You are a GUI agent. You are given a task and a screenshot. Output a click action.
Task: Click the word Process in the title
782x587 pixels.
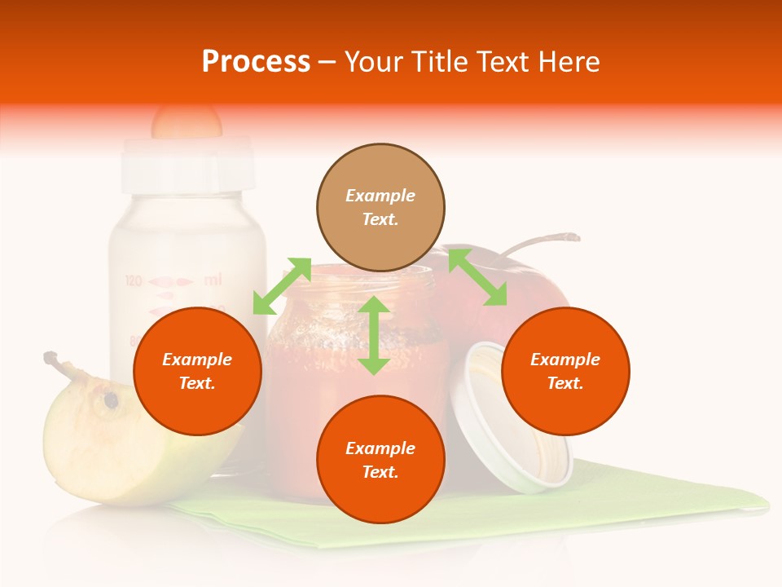tap(256, 62)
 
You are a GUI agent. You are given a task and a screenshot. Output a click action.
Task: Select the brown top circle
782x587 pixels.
tap(380, 207)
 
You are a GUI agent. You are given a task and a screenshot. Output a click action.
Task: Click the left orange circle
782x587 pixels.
tap(197, 371)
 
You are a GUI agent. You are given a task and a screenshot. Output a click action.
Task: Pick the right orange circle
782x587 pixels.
tap(565, 371)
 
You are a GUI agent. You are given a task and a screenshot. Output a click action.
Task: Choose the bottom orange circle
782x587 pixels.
tap(380, 459)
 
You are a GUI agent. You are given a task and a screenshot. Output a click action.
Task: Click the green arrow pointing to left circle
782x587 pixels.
tap(282, 285)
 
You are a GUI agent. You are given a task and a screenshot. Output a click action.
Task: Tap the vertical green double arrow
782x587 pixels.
tap(374, 335)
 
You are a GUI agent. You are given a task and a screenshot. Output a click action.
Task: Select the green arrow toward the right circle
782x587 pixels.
tap(477, 277)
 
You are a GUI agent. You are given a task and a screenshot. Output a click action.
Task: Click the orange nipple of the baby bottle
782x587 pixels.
tap(187, 121)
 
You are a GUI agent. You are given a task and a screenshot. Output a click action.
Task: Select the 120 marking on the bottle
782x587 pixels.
tap(134, 281)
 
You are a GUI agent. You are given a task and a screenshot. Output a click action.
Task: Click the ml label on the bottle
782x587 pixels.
tap(212, 280)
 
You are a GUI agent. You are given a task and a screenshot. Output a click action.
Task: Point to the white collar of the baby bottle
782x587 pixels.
tap(187, 163)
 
